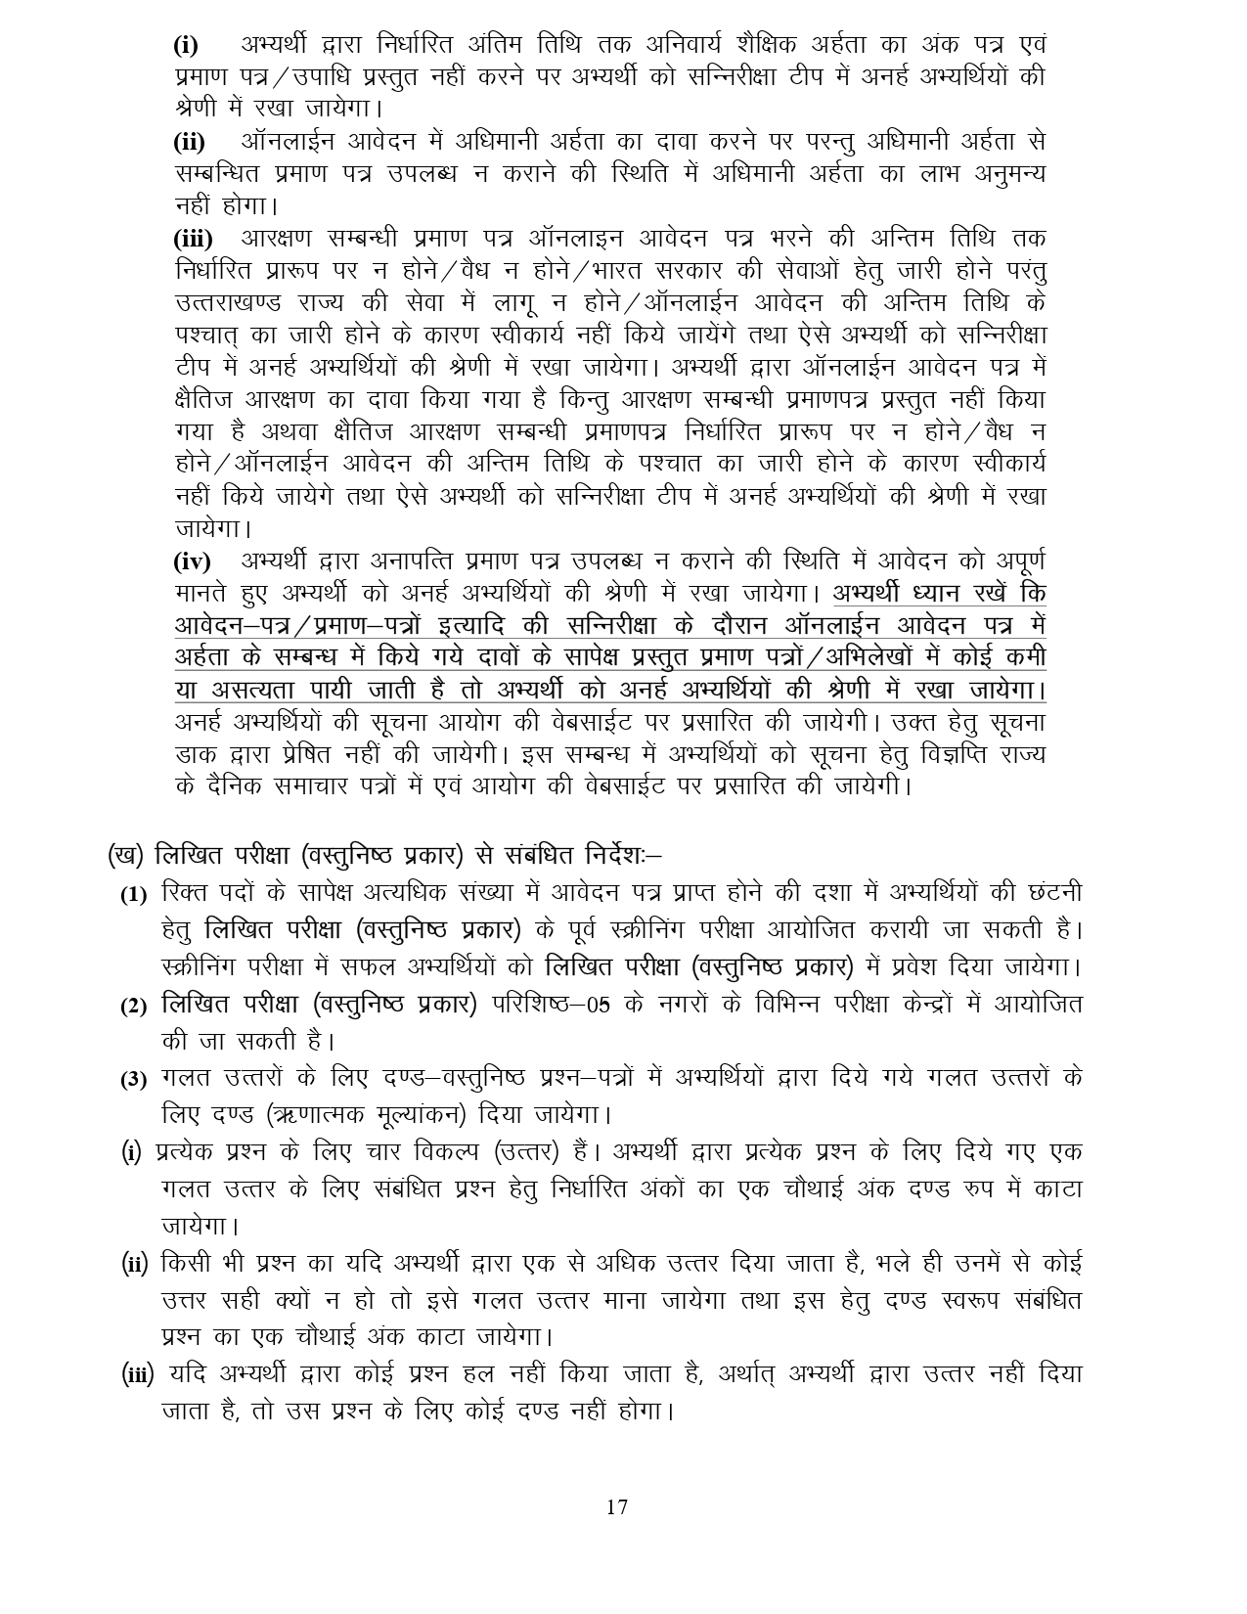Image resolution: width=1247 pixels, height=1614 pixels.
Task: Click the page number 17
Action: point(616,1507)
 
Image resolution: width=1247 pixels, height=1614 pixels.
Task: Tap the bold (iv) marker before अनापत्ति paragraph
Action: point(192,562)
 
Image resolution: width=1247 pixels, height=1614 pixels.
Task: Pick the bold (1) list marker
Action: point(134,895)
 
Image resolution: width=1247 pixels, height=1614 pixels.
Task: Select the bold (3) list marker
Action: point(134,1080)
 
